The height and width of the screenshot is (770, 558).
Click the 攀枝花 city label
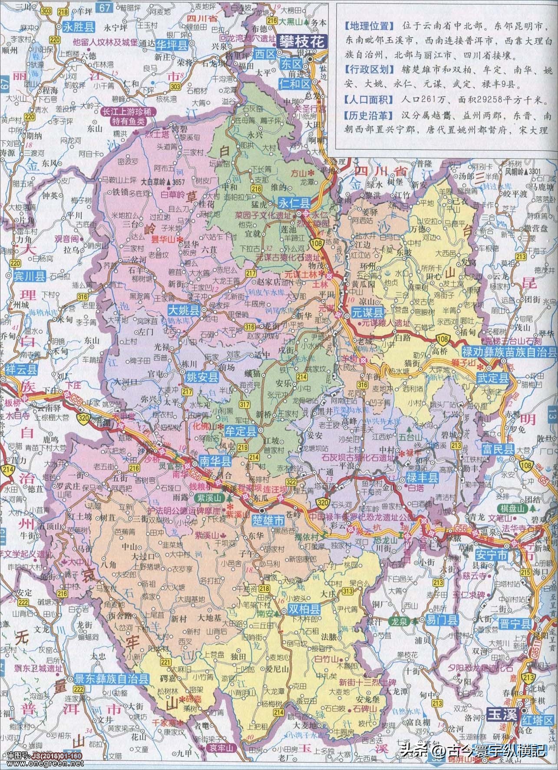pos(302,42)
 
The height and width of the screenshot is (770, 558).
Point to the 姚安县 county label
pos(202,378)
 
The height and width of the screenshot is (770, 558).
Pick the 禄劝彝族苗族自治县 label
pos(508,352)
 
